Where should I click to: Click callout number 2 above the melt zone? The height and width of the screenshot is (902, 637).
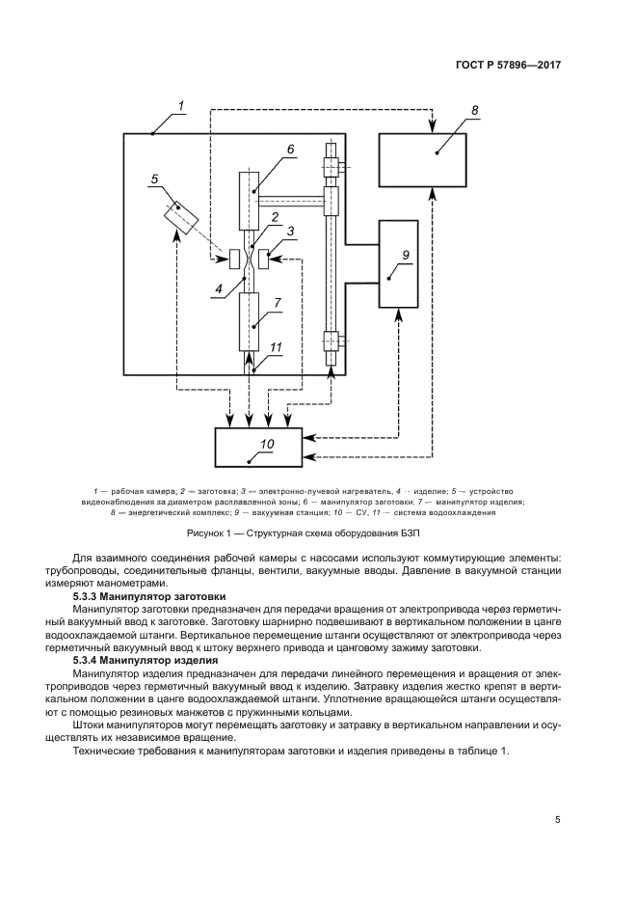coord(276,217)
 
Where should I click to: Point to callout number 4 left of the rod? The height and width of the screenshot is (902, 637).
coord(221,287)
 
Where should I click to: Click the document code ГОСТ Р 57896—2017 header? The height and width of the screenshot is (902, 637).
coord(508,65)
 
